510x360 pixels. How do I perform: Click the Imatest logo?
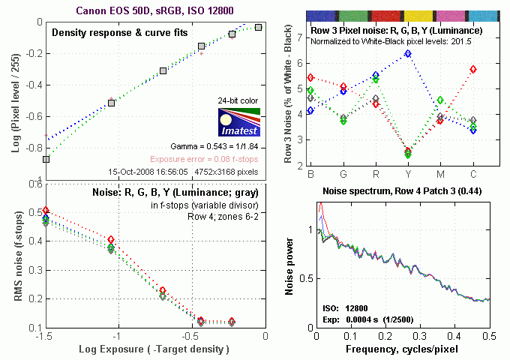point(237,124)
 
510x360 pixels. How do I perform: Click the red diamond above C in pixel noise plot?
point(473,69)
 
